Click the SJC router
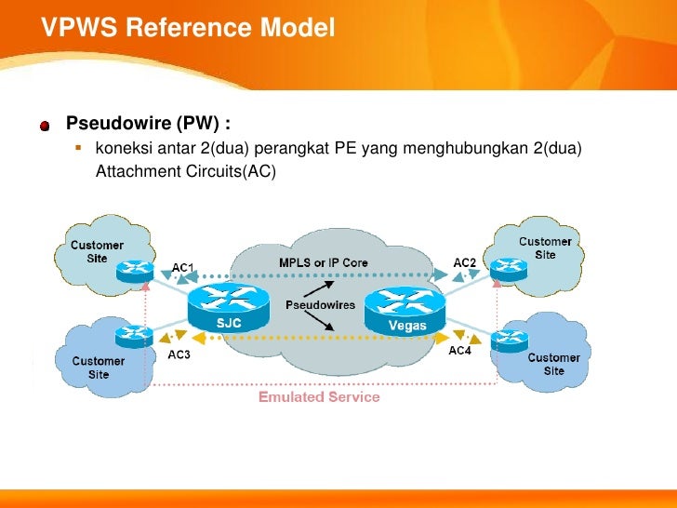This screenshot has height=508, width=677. pos(229,308)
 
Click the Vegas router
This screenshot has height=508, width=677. pos(405,311)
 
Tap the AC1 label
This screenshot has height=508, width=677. pos(182,268)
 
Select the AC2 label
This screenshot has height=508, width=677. pos(465,262)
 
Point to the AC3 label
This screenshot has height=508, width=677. pos(179,354)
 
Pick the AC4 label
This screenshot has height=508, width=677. pos(459,351)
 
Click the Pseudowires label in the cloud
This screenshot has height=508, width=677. pos(320,305)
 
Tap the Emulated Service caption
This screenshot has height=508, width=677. pos(319,396)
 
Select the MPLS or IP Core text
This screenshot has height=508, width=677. pos(324,262)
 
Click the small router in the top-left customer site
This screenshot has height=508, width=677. pos(135,272)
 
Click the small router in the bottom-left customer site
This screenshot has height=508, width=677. pos(134,337)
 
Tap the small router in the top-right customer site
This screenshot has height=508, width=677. pos(509,270)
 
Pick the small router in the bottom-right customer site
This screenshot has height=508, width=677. pos(510,341)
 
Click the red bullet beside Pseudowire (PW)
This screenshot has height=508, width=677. pos(45,126)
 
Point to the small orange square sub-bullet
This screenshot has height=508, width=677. pos(78,148)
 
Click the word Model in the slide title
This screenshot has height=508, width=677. pos(297,27)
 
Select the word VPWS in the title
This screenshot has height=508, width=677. pos(79,27)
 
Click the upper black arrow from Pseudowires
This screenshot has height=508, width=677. pos(319,289)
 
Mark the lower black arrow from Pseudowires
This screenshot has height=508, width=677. pos(319,321)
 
